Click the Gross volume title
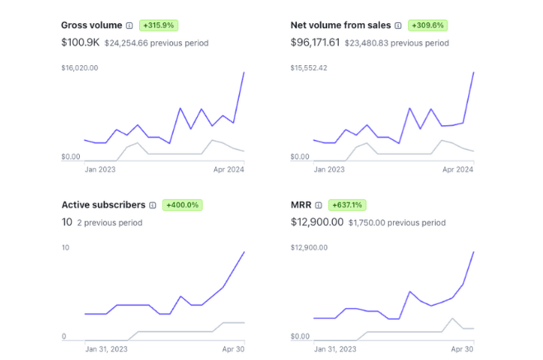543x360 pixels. (x=91, y=26)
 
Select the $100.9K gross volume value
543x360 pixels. (x=81, y=42)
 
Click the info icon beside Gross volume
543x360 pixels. (x=129, y=26)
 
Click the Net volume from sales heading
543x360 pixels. (x=341, y=26)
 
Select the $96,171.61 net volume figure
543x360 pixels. (x=316, y=42)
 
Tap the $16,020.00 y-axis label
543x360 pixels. (x=80, y=68)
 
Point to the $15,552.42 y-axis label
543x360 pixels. (x=309, y=68)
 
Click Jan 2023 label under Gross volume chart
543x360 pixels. (x=101, y=170)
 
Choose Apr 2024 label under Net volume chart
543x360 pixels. (x=458, y=170)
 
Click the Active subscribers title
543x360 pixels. (x=103, y=204)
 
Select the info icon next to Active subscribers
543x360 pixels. (x=152, y=204)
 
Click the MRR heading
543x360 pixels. (x=302, y=204)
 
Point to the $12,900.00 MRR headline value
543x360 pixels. (x=316, y=222)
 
